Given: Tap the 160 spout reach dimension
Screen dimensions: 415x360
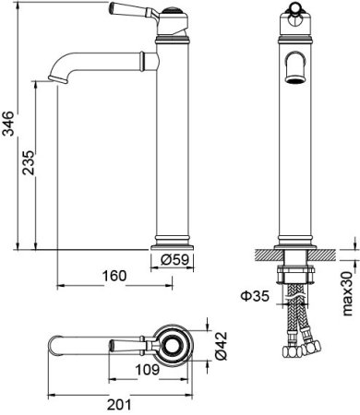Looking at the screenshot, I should coord(114,275).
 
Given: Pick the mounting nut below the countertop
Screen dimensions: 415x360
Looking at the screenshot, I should coord(294,276).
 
